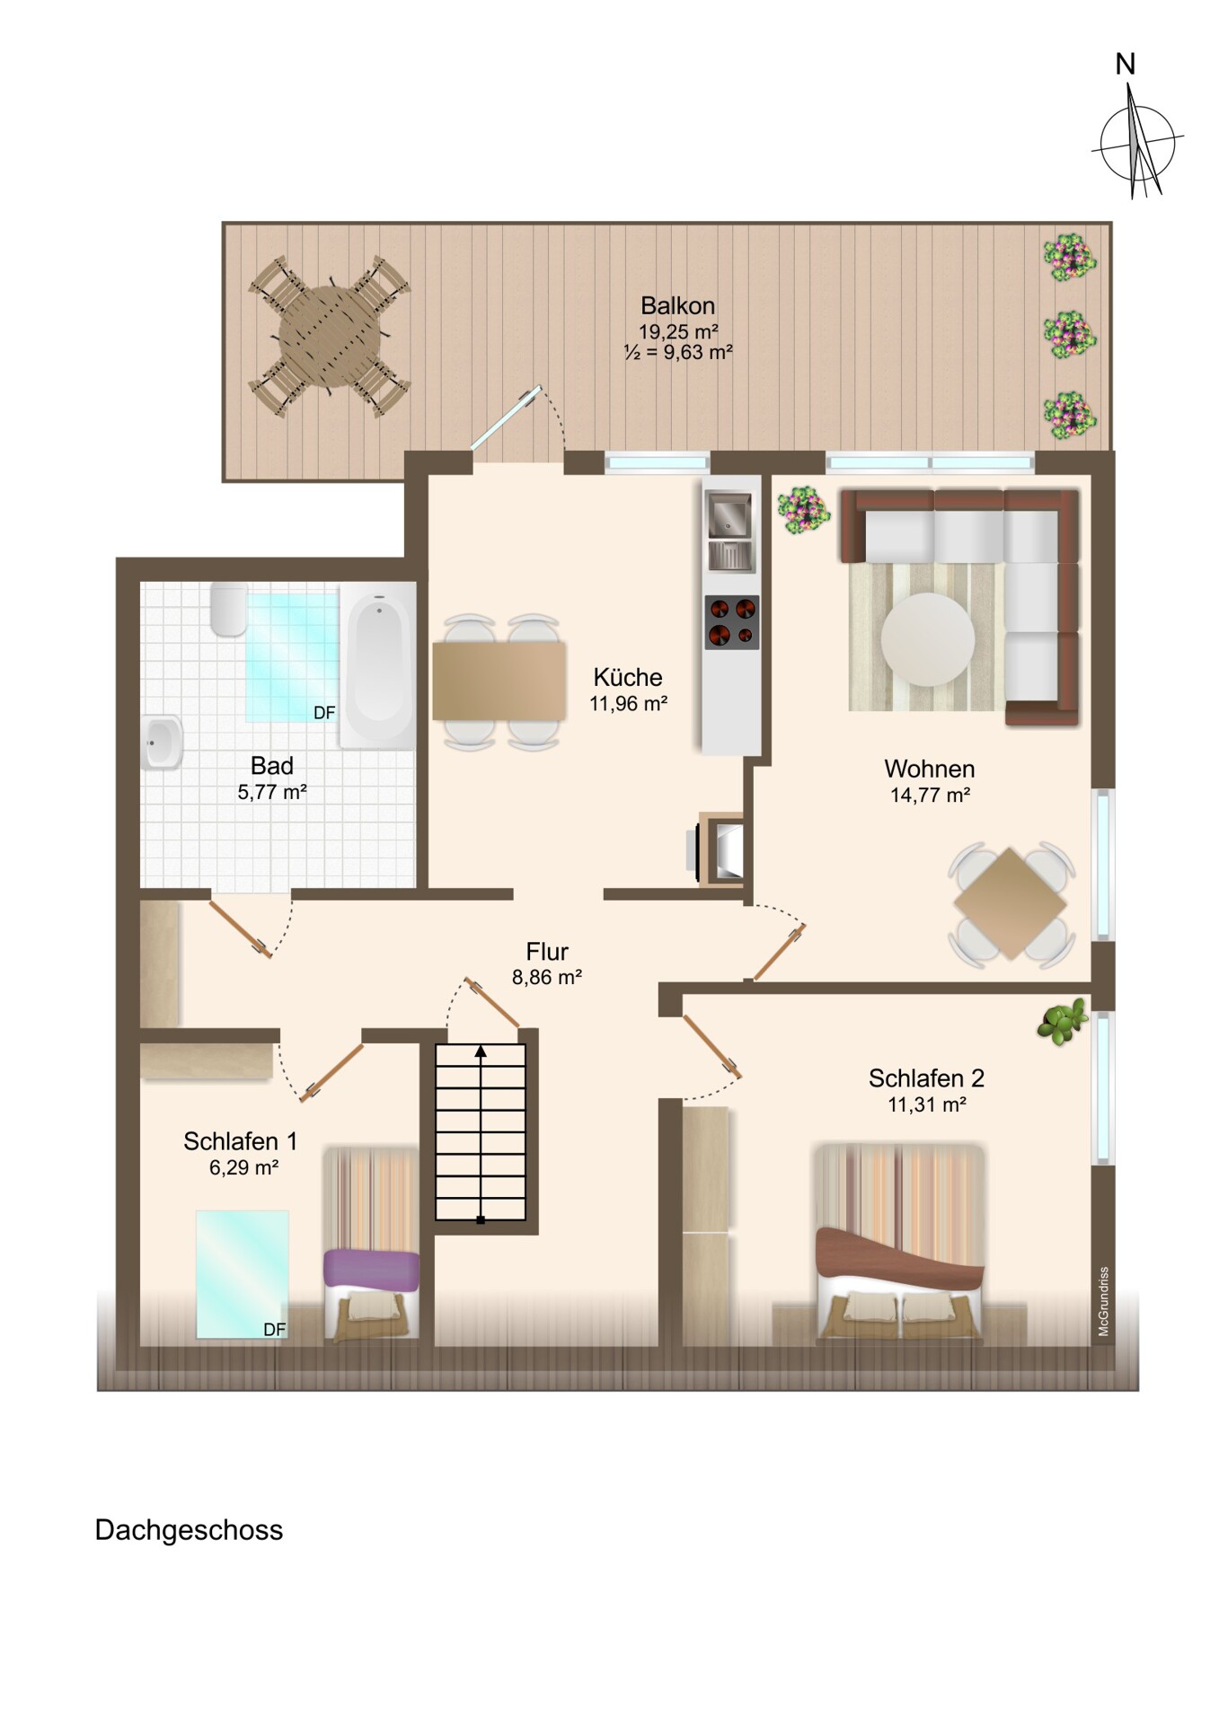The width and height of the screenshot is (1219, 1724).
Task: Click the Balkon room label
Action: coord(677,305)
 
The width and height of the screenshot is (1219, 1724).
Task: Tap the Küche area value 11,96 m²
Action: coord(628,704)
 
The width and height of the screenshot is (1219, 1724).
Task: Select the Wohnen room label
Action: coord(930,769)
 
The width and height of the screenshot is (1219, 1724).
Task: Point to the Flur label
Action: coord(547,951)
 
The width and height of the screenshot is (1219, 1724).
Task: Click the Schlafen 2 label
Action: coord(926,1077)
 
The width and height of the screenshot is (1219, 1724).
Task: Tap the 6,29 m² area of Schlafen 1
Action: coord(243,1167)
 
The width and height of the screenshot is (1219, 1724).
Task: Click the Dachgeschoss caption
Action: coord(189,1530)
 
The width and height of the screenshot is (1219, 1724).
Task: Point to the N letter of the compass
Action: coord(1125,65)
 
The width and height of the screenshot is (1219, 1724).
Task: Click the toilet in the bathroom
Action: coord(229,610)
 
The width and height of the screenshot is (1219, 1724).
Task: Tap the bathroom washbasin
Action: coord(162,743)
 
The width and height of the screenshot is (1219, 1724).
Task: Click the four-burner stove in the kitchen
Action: coord(731,622)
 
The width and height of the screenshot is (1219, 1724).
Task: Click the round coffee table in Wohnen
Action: coord(927,639)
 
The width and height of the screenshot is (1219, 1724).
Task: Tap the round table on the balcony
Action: coord(331,336)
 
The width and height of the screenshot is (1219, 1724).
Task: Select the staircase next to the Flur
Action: coord(481,1131)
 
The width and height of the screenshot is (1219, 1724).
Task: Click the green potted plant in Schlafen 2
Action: coord(1062,1022)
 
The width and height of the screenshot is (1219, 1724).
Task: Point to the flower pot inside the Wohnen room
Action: coord(803,512)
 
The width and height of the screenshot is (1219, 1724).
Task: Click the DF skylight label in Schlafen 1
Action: coord(275,1330)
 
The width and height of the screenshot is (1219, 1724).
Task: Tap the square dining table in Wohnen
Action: coord(1011,904)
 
